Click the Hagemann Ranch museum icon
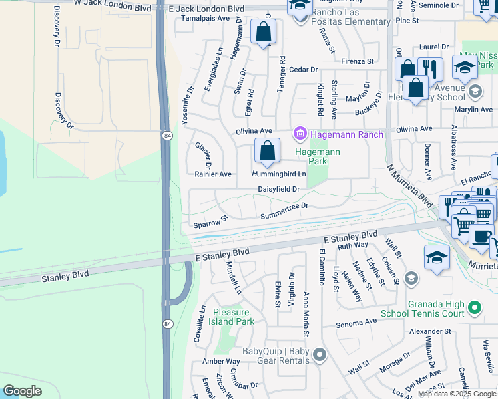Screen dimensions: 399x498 [300, 135]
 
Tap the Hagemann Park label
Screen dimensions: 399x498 [318, 156]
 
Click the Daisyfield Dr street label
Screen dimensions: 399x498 [279, 189]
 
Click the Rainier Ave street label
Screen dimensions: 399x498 [213, 174]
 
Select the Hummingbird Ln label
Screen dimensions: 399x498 [278, 174]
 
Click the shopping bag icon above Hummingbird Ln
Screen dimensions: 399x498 [267, 152]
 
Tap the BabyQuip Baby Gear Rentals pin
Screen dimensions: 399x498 [320, 354]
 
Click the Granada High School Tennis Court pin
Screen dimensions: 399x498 [474, 307]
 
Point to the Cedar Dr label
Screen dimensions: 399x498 [304, 70]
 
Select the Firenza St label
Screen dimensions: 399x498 [358, 61]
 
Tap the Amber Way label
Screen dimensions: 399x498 [221, 361]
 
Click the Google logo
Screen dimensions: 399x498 [22, 391]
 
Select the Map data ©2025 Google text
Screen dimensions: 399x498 [457, 394]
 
